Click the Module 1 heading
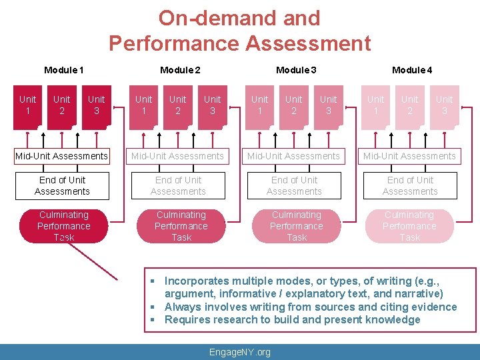pyautogui.click(x=64, y=70)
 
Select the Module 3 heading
pyautogui.click(x=296, y=70)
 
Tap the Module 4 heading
pyautogui.click(x=412, y=70)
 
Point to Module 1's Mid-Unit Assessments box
pyautogui.click(x=62, y=156)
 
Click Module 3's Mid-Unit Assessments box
pyautogui.click(x=294, y=156)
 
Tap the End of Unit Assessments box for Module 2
pyautogui.click(x=178, y=186)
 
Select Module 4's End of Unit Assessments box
pyautogui.click(x=410, y=186)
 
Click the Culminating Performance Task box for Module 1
pyautogui.click(x=64, y=226)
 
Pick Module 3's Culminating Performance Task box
pyautogui.click(x=297, y=226)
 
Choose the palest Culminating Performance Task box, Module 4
pyautogui.click(x=409, y=226)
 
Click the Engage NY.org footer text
pyautogui.click(x=240, y=352)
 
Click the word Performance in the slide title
pyautogui.click(x=173, y=43)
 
